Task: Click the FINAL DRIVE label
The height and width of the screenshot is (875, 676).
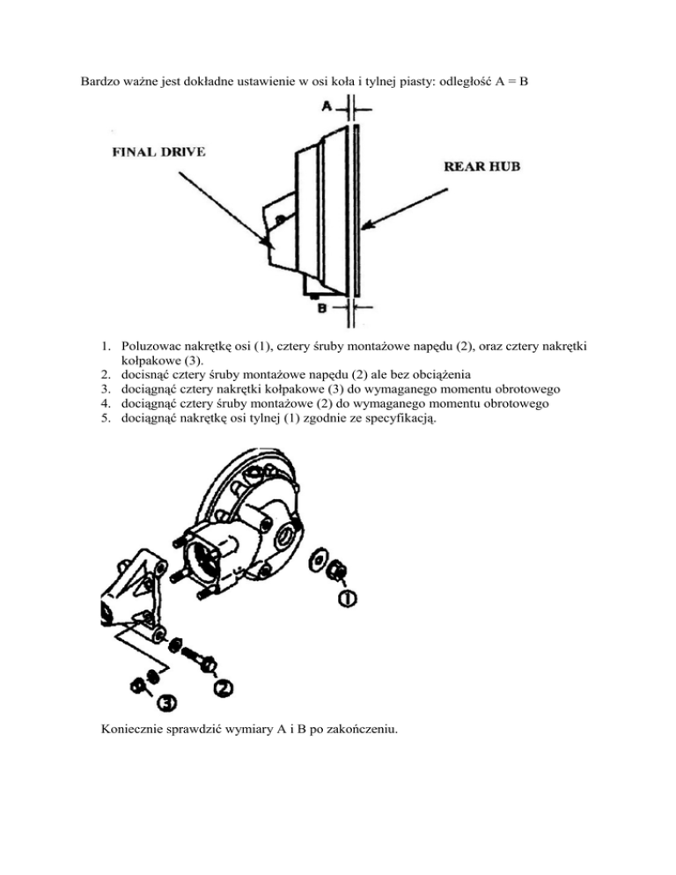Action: click(x=158, y=152)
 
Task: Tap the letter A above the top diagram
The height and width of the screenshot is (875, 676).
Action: click(x=327, y=107)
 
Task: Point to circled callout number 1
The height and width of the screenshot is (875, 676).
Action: click(x=347, y=599)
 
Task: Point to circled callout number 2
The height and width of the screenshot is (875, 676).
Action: click(x=223, y=685)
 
